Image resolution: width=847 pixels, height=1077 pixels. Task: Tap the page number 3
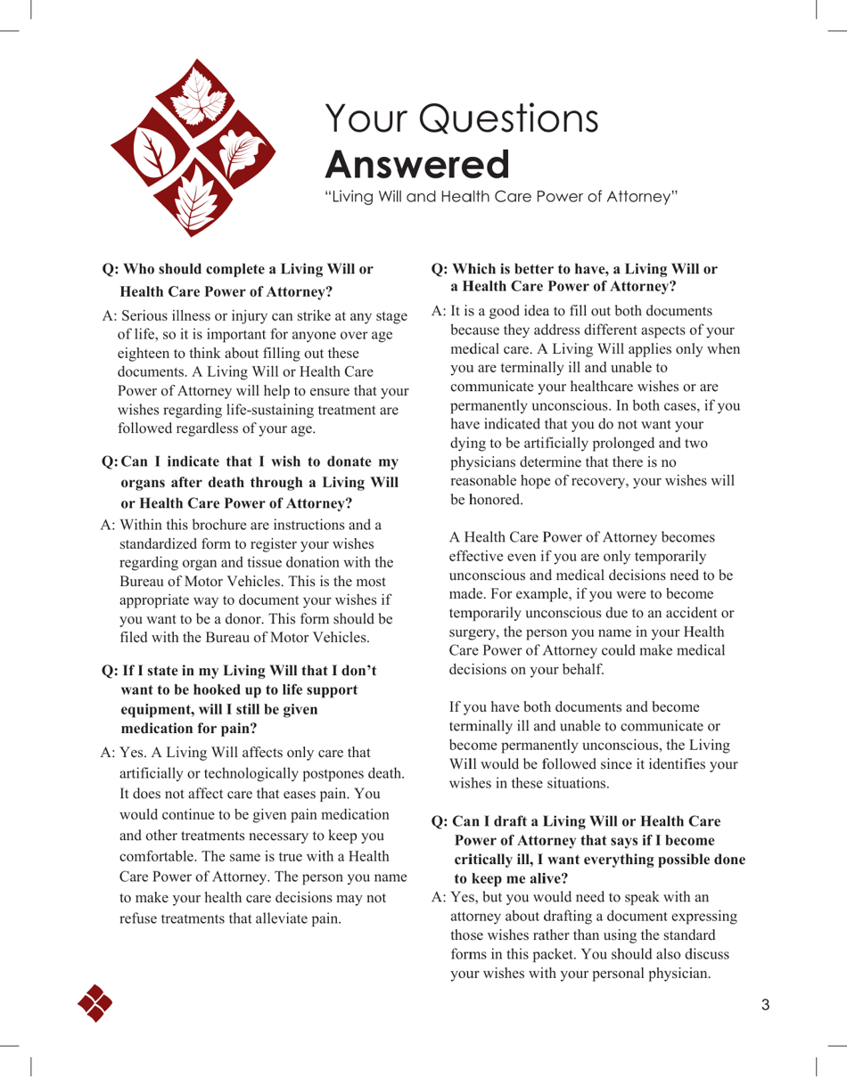click(766, 1006)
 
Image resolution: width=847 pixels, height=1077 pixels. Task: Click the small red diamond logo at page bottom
click(95, 1003)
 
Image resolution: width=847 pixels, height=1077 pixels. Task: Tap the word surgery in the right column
click(475, 632)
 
